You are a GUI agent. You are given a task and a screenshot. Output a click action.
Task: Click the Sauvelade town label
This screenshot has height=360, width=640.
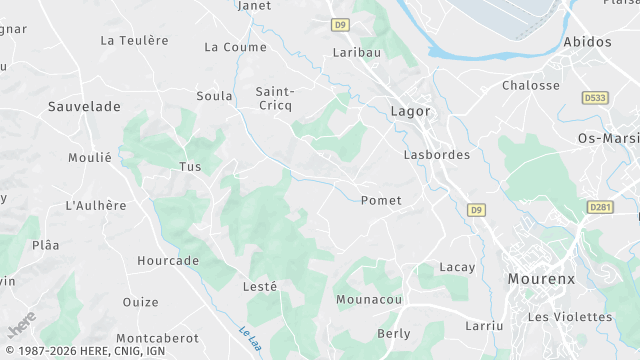pyautogui.click(x=84, y=105)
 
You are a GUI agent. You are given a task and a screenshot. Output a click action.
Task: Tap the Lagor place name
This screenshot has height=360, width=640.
pyautogui.click(x=411, y=111)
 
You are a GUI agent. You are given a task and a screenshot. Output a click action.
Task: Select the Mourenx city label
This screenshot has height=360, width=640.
pyautogui.click(x=541, y=279)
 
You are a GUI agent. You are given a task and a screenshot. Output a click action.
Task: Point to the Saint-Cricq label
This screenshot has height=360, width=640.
pyautogui.click(x=274, y=98)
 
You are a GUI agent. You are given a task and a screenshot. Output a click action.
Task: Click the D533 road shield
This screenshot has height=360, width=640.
pyautogui.click(x=595, y=98)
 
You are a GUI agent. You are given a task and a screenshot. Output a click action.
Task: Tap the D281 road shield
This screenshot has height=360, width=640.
pyautogui.click(x=600, y=207)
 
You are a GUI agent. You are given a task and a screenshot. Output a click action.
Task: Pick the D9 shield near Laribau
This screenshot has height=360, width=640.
pyautogui.click(x=342, y=23)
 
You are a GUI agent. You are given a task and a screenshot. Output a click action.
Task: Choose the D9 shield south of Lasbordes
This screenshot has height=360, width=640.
pyautogui.click(x=477, y=210)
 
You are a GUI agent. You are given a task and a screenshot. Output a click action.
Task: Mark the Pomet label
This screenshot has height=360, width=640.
pyautogui.click(x=380, y=200)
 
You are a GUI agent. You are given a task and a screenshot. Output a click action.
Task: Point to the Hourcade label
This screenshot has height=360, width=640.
pyautogui.click(x=168, y=261)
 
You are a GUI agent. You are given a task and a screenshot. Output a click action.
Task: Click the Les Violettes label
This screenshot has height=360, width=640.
pyautogui.click(x=569, y=317)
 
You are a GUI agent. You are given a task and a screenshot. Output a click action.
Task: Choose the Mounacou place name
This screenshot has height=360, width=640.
pyautogui.click(x=369, y=299)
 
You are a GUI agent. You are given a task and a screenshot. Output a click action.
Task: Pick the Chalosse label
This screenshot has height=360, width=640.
pyautogui.click(x=531, y=85)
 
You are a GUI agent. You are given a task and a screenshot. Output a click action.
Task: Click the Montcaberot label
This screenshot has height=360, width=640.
pyautogui.click(x=157, y=339)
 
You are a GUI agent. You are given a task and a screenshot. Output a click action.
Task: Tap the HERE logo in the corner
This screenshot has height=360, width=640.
pyautogui.click(x=21, y=325)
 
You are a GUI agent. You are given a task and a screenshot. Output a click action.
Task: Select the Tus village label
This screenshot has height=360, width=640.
pyautogui.click(x=190, y=167)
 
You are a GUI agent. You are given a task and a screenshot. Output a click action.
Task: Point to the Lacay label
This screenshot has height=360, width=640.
pyautogui.click(x=457, y=267)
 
